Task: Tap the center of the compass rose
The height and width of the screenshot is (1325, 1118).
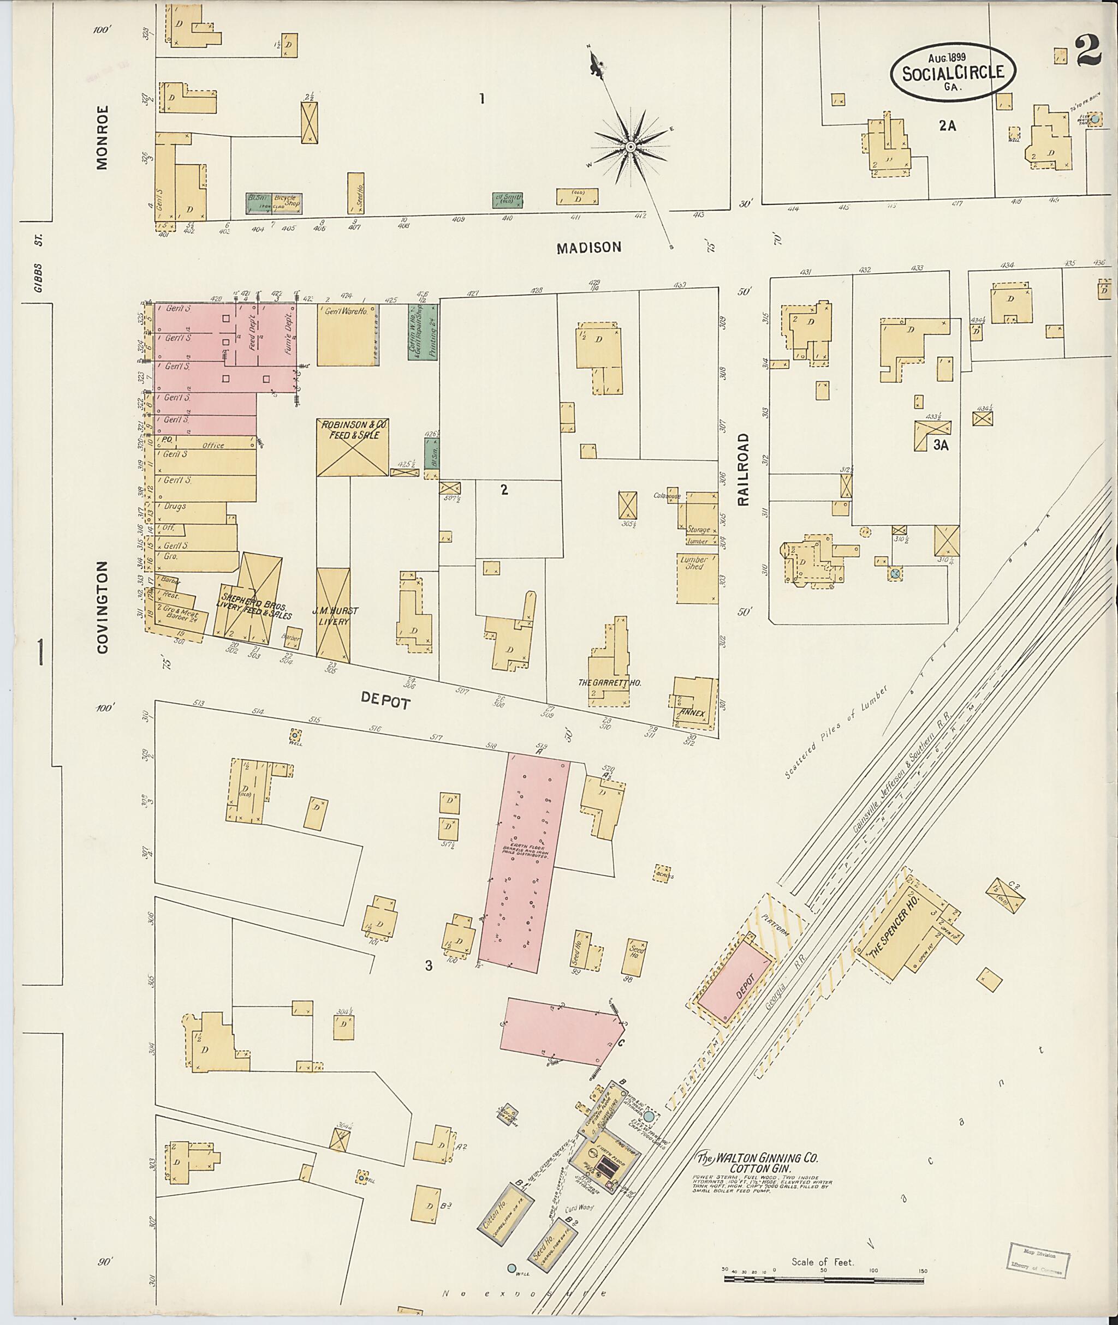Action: [631, 147]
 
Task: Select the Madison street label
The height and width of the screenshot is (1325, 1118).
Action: [589, 248]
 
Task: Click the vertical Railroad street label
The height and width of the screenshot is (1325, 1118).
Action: [743, 469]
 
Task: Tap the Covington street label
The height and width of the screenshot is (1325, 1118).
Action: [103, 607]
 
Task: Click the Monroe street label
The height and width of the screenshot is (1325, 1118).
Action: [103, 137]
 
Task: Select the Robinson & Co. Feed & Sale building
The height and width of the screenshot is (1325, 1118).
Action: [353, 447]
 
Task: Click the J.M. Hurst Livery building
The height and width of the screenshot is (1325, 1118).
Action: [334, 614]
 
